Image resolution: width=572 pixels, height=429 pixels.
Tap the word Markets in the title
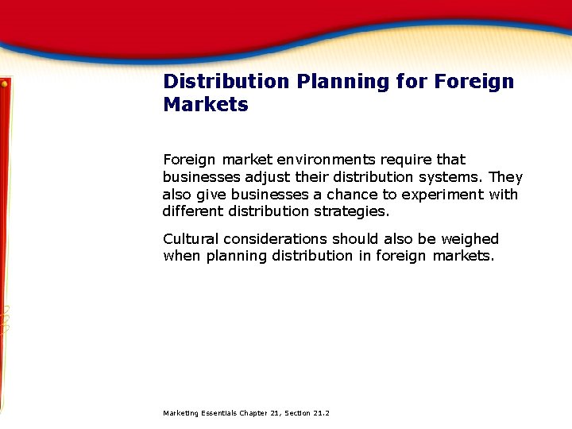206,105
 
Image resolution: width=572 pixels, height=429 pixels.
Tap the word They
507,177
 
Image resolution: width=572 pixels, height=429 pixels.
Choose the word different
192,211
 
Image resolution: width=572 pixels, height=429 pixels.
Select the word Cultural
191,239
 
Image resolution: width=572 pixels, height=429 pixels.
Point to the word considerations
276,239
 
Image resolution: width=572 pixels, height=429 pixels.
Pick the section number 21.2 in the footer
321,413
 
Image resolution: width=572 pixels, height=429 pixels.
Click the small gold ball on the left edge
5,83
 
